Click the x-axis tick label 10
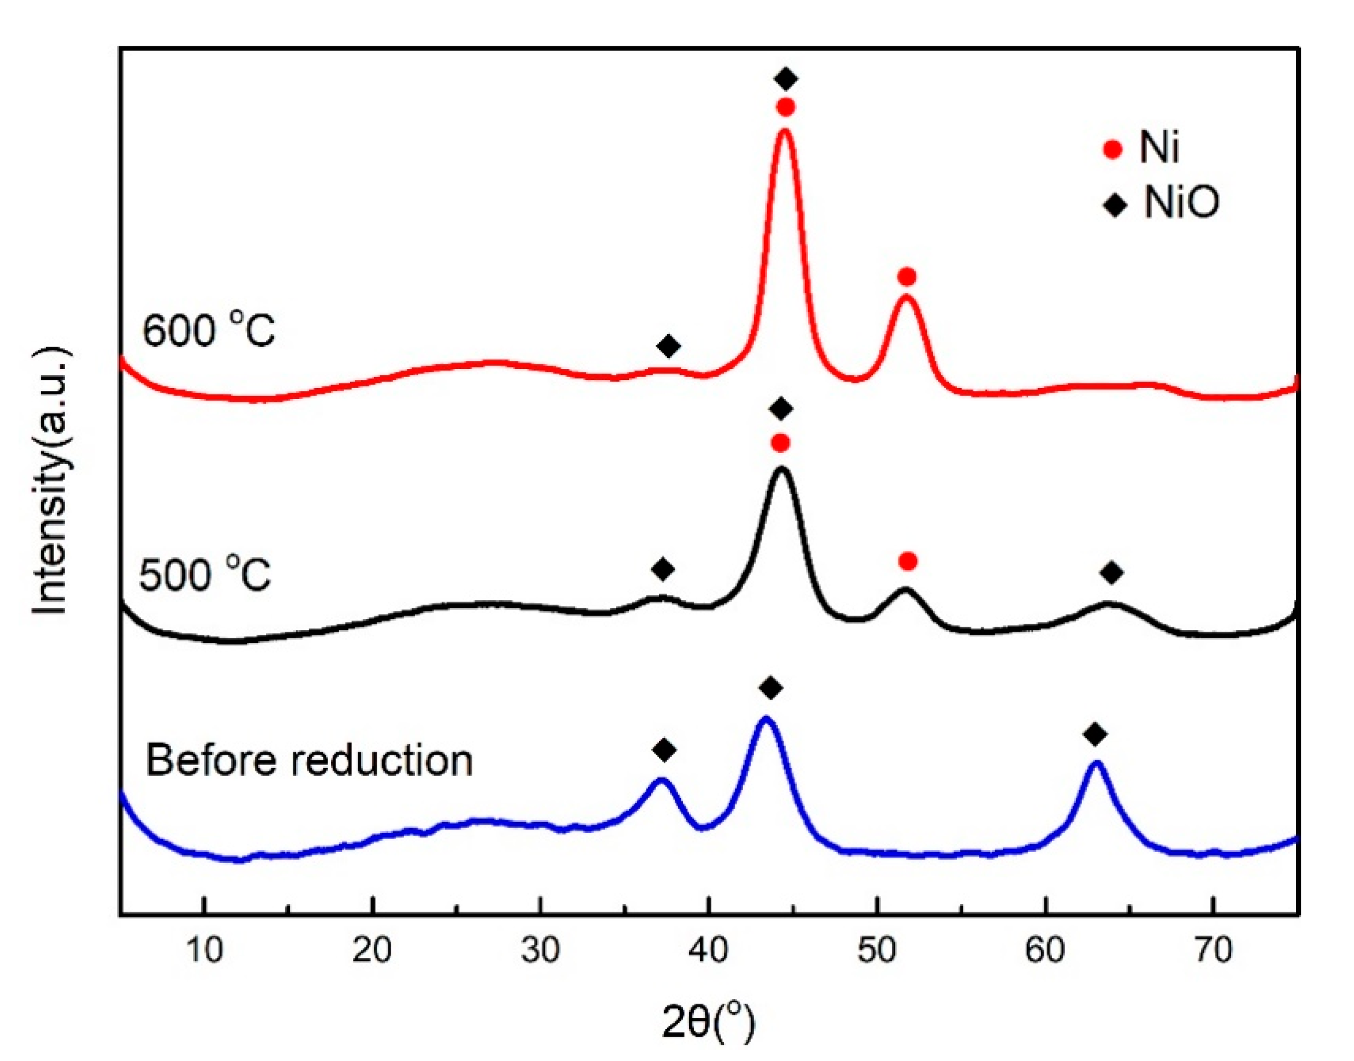(204, 951)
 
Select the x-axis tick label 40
(709, 951)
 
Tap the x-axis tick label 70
(1214, 951)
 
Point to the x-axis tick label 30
(540, 951)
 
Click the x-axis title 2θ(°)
(708, 1023)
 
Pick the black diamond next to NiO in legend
(1115, 204)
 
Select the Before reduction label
(309, 760)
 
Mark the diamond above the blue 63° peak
(1095, 734)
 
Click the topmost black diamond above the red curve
(787, 79)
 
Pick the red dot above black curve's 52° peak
(908, 562)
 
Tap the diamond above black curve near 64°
(1112, 573)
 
